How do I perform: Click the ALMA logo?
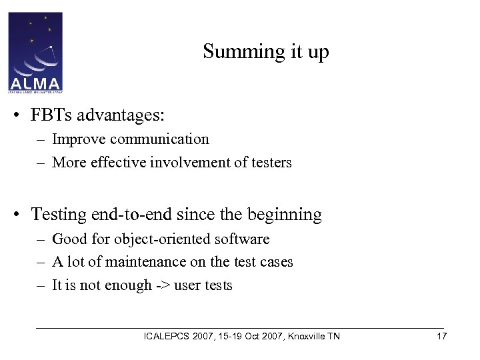pyautogui.click(x=35, y=51)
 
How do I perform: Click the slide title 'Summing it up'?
pyautogui.click(x=266, y=51)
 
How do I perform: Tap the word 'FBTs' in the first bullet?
pyautogui.click(x=52, y=115)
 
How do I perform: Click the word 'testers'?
pyautogui.click(x=270, y=162)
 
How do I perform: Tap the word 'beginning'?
pyautogui.click(x=285, y=215)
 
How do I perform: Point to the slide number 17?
pyautogui.click(x=441, y=336)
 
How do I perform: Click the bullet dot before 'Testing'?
pyautogui.click(x=23, y=215)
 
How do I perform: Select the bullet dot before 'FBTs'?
pyautogui.click(x=23, y=115)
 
